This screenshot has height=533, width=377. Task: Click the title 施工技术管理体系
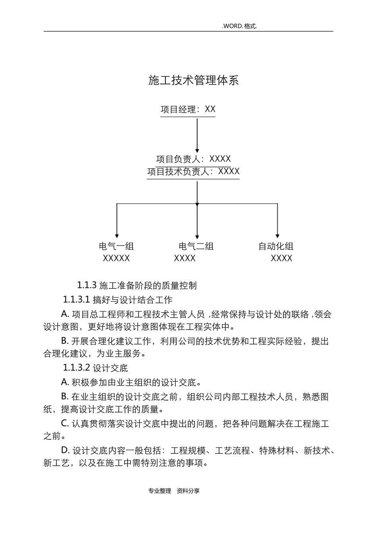[194, 81]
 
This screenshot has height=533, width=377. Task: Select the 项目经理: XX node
[188, 109]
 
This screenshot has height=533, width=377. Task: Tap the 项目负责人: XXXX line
[193, 159]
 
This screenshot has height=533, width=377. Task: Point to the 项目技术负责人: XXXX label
[193, 171]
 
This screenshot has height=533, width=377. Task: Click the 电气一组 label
[116, 246]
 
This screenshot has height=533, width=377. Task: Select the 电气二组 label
[196, 246]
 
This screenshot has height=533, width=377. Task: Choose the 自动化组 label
[276, 246]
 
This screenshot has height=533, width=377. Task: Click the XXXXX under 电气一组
[116, 259]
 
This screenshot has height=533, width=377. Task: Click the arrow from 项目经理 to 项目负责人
[197, 135]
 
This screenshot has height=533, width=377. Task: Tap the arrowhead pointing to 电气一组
[117, 235]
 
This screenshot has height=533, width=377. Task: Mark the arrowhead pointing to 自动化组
[277, 235]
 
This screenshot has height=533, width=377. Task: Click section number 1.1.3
[87, 285]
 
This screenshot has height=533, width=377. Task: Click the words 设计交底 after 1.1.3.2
[110, 368]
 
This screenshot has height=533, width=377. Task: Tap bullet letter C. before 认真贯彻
[65, 424]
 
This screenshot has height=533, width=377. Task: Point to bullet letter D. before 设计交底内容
[65, 451]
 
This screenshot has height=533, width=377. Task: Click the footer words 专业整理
[160, 491]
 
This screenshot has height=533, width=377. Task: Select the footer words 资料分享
[188, 491]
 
